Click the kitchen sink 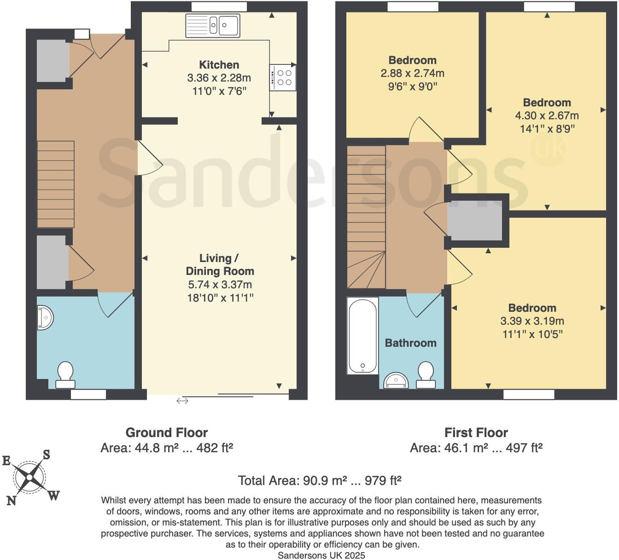212,25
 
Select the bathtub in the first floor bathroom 362,335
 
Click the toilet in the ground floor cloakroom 65,375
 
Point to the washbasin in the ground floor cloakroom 45,317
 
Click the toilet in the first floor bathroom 426,375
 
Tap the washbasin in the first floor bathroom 396,380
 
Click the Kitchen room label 219,65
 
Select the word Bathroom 410,343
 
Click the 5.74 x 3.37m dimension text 219,285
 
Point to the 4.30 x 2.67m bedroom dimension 547,116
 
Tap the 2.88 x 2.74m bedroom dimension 412,73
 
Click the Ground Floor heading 166,433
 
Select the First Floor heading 476,433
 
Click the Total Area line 320,481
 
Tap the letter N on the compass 11,501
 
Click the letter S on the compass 47,455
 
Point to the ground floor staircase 56,184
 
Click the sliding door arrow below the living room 182,401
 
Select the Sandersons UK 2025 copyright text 321,555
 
